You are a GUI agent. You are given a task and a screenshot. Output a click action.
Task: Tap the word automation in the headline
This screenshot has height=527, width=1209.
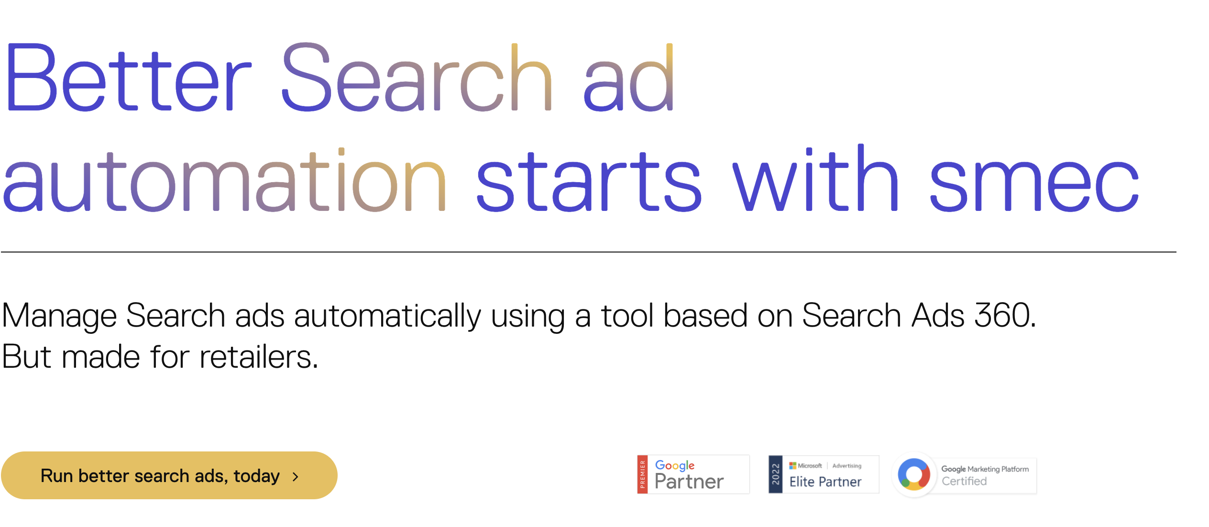click(x=224, y=180)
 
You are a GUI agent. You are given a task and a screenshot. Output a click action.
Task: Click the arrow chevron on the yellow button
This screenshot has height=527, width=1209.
click(x=296, y=476)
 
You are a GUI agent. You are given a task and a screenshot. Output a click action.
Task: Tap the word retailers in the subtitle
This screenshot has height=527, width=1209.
click(x=259, y=356)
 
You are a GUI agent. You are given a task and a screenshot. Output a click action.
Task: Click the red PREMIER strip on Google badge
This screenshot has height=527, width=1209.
click(x=643, y=474)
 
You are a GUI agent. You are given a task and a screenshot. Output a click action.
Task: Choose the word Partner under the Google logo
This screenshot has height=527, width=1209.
click(x=689, y=482)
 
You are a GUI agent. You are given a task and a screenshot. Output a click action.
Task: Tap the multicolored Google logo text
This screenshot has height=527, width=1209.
click(x=675, y=465)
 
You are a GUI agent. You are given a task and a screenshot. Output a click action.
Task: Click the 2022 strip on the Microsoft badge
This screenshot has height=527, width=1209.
click(x=775, y=474)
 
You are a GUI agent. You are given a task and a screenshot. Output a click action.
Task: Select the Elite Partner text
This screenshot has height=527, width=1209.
click(x=825, y=482)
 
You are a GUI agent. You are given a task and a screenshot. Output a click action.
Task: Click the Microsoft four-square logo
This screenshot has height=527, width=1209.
click(x=792, y=465)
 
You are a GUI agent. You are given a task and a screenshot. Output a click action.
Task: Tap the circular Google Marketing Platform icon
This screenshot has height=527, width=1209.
click(x=914, y=474)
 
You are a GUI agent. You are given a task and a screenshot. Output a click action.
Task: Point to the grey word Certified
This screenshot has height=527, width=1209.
click(x=964, y=481)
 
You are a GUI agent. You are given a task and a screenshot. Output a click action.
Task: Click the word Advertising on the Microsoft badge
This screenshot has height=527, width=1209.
click(x=847, y=466)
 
